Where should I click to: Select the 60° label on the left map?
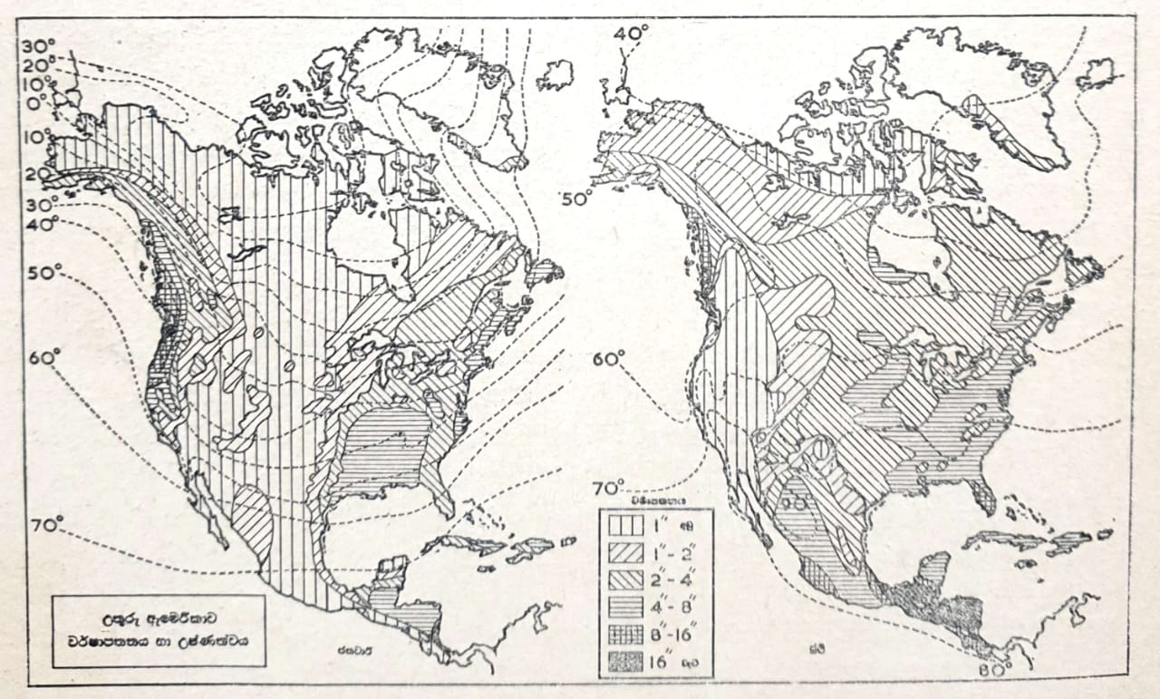click(43, 358)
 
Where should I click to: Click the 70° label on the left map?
click(45, 525)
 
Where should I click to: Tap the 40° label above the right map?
click(631, 34)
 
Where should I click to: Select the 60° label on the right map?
click(609, 360)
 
